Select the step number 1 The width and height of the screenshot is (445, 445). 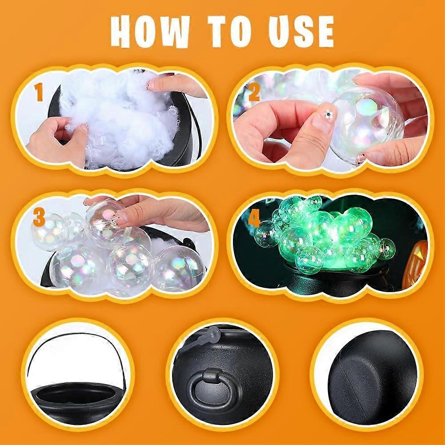(x=39, y=94)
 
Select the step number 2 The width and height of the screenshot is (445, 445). (x=254, y=93)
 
